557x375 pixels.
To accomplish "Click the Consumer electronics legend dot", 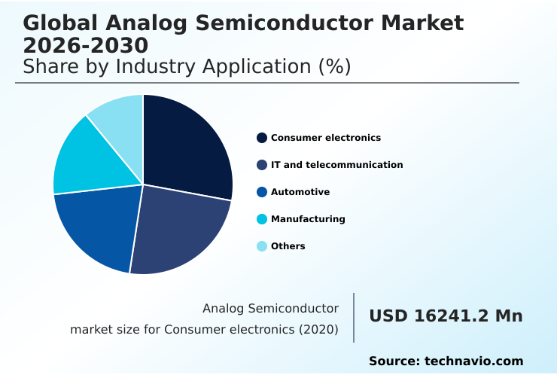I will click(x=262, y=138).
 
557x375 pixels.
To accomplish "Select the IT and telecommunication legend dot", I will click(x=262, y=165).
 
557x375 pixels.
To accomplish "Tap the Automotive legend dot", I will click(x=262, y=192).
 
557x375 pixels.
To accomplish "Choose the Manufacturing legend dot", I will click(x=262, y=219).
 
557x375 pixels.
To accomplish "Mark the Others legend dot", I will click(x=262, y=246).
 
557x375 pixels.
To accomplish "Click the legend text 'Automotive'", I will click(x=300, y=192).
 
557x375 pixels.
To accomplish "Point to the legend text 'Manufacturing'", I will click(x=308, y=219).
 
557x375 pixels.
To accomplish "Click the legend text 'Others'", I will click(x=288, y=246).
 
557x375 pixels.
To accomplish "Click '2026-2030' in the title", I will click(x=85, y=45).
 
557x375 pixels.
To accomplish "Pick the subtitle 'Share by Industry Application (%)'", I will click(x=187, y=66).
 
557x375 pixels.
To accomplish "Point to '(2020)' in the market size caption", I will click(x=319, y=329).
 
